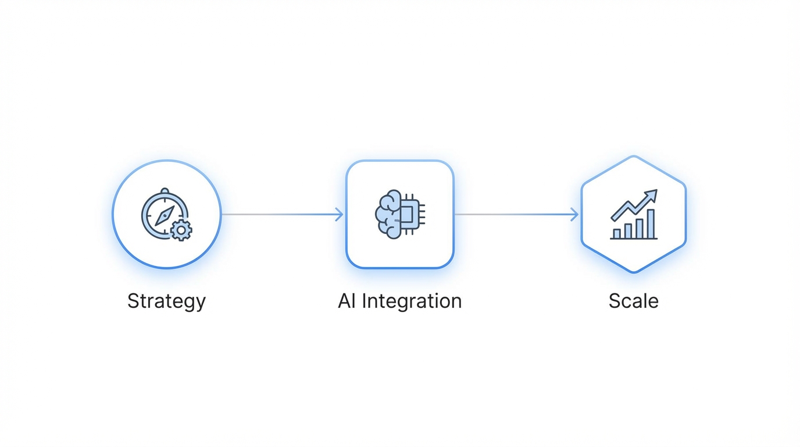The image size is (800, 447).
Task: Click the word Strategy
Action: click(166, 301)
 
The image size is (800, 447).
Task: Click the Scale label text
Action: click(633, 301)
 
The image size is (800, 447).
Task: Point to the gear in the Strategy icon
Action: click(181, 230)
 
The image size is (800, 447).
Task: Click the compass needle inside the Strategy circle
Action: click(165, 215)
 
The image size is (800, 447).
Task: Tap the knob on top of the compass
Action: click(165, 191)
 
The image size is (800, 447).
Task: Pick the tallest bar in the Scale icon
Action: click(651, 224)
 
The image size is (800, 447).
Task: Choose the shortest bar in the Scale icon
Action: click(617, 233)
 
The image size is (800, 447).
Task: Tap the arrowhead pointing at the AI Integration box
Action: click(340, 215)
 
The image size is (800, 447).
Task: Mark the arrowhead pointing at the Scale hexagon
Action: click(574, 215)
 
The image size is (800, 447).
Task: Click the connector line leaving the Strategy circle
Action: click(279, 215)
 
